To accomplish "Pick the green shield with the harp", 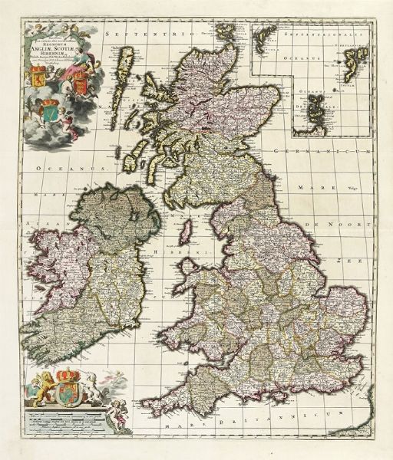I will click(x=53, y=113).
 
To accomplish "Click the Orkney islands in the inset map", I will click(x=315, y=115).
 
